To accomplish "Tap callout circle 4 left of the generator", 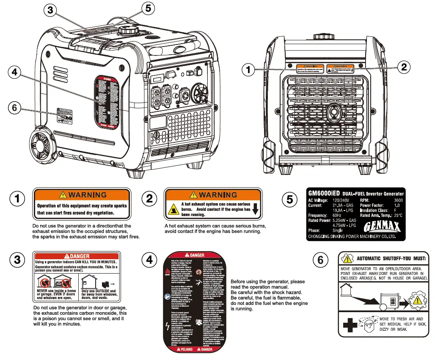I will tap(15, 73).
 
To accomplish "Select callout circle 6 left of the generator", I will tap(15, 108).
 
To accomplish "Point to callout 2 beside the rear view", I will tap(404, 66).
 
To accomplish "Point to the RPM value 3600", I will tap(398, 200).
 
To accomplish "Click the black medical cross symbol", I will tap(350, 324).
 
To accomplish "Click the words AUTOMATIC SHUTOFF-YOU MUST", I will tap(392, 258).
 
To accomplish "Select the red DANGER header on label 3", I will tap(77, 256).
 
